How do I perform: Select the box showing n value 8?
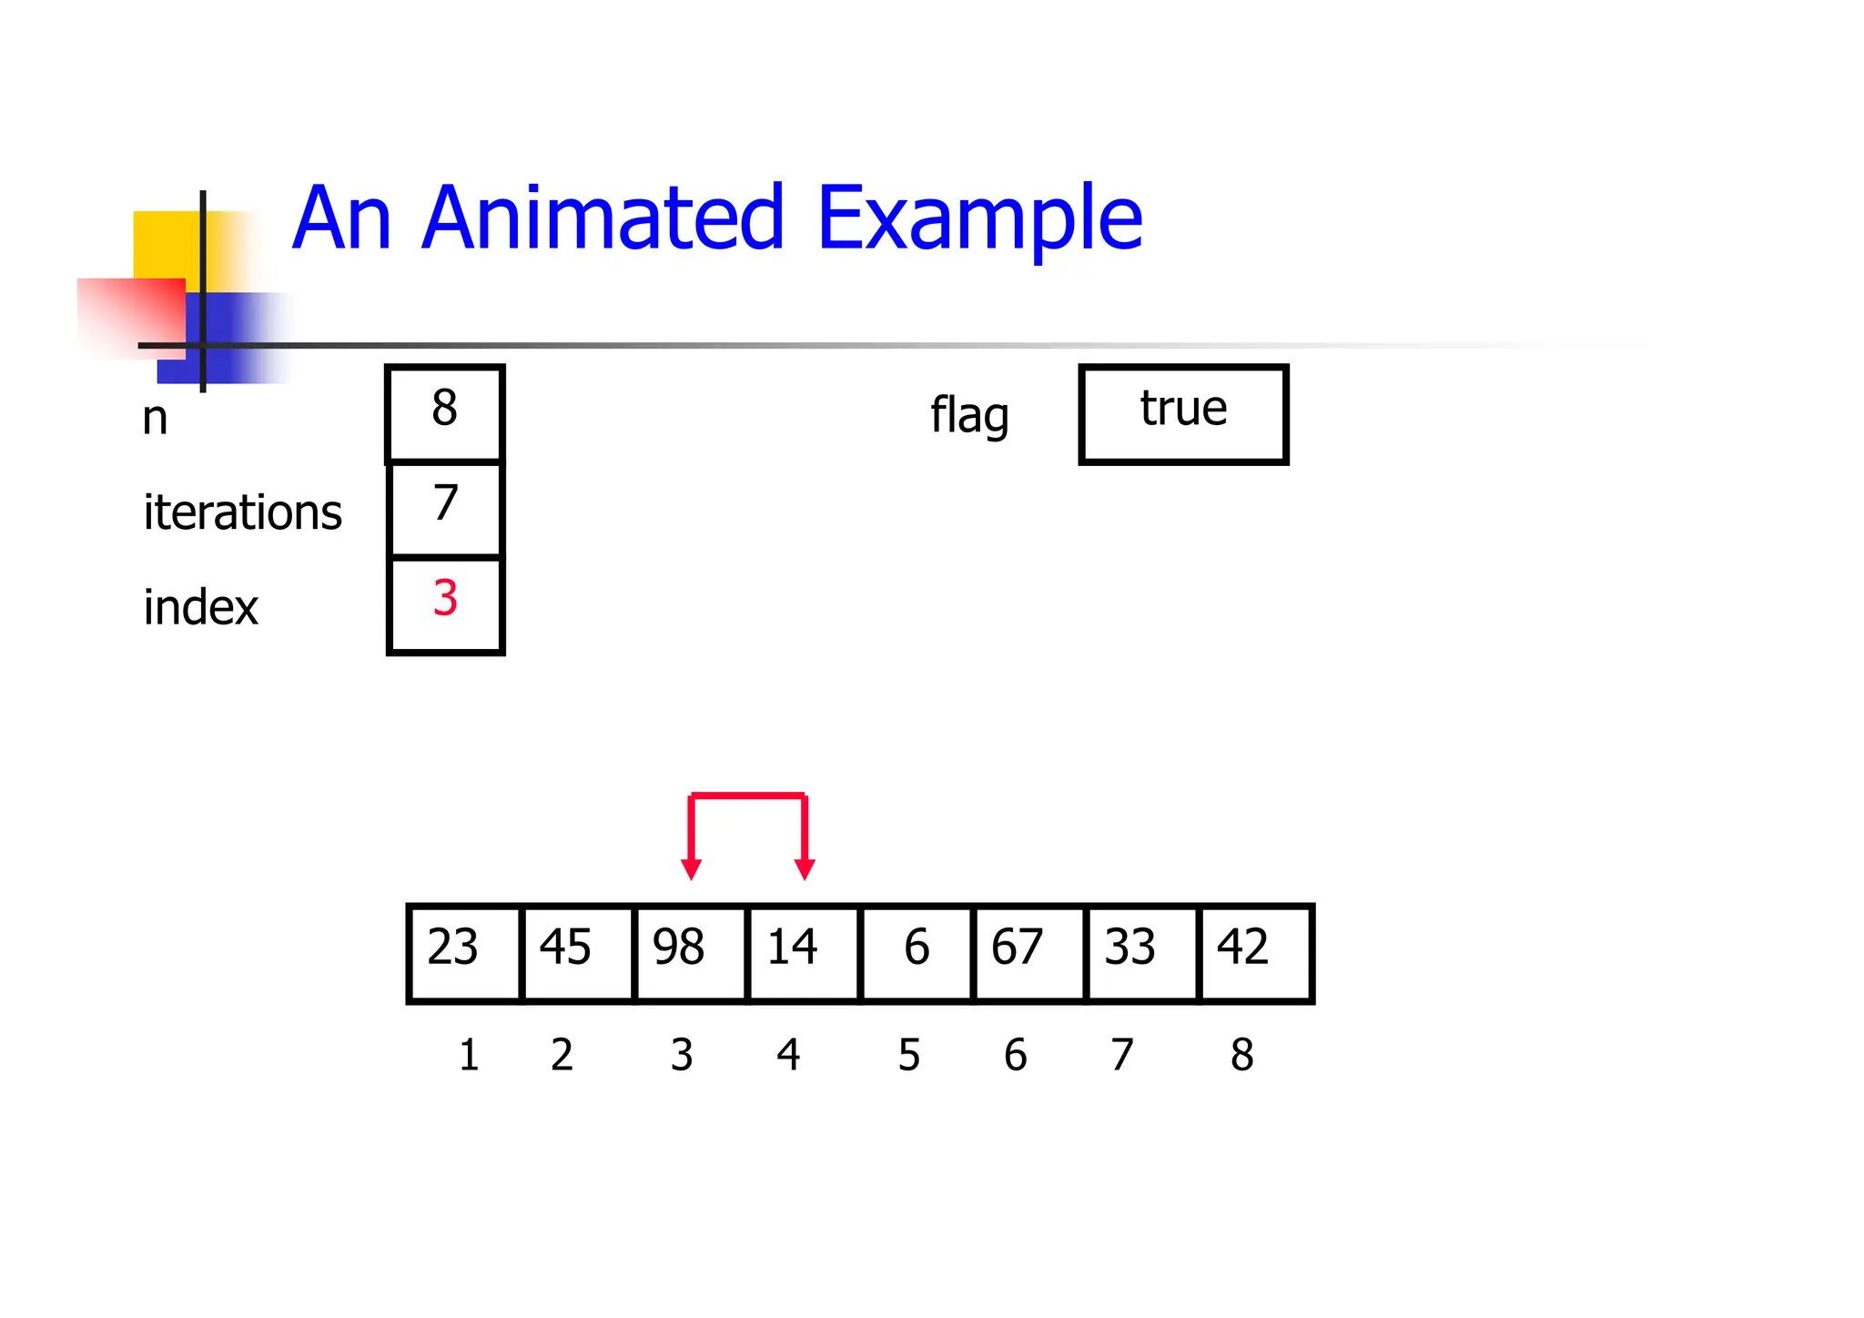pyautogui.click(x=445, y=413)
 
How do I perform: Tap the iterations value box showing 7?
pyautogui.click(x=445, y=509)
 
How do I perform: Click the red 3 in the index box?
pyautogui.click(x=445, y=599)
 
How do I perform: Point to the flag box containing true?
pyautogui.click(x=1183, y=414)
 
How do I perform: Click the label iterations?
pyautogui.click(x=242, y=512)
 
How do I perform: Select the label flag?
pyautogui.click(x=969, y=416)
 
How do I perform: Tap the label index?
pyautogui.click(x=201, y=607)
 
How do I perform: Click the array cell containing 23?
pyautogui.click(x=464, y=952)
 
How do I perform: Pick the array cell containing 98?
pyautogui.click(x=690, y=952)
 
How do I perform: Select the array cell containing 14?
pyautogui.click(x=803, y=952)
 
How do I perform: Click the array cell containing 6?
pyautogui.click(x=917, y=952)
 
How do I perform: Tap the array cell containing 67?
pyautogui.click(x=1029, y=952)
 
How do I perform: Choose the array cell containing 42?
pyautogui.click(x=1255, y=952)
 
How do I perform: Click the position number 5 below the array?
pyautogui.click(x=908, y=1055)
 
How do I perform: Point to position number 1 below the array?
pyautogui.click(x=469, y=1055)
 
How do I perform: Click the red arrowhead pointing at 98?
pyautogui.click(x=692, y=868)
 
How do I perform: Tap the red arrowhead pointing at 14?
pyautogui.click(x=805, y=868)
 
